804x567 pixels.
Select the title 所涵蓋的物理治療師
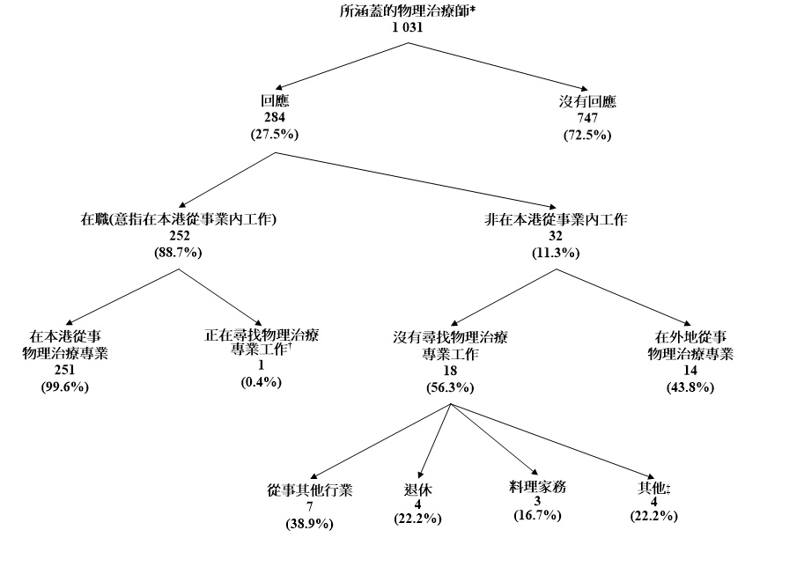point(407,12)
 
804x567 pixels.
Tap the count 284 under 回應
point(276,117)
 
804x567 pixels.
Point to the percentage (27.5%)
point(276,134)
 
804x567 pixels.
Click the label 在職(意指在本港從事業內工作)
point(179,219)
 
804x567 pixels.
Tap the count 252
point(179,236)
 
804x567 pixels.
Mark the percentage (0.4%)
point(260,381)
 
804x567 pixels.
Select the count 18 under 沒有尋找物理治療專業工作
point(449,371)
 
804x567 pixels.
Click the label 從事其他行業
point(310,490)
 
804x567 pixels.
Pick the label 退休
point(417,490)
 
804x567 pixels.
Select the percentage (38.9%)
point(310,524)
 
